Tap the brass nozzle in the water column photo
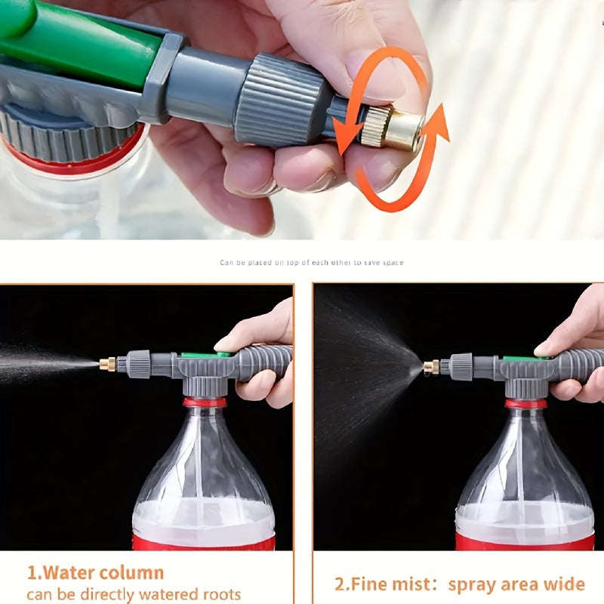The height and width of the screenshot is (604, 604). tap(107, 364)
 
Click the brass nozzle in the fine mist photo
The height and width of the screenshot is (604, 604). tap(431, 367)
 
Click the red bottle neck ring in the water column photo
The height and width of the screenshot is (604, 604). tap(204, 402)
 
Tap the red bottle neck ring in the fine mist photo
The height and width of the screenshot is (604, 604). tap(525, 403)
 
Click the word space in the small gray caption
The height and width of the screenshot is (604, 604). tap(393, 263)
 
